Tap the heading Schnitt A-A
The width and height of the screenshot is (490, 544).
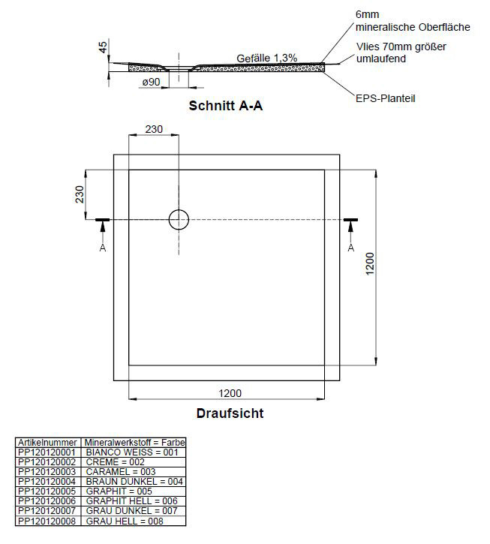coord(226,106)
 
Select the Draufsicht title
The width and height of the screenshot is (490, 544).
coord(230,413)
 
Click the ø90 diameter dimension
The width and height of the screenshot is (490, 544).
coord(152,82)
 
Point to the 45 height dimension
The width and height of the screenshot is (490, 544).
coord(103,47)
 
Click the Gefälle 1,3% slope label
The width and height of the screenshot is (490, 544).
coord(267,58)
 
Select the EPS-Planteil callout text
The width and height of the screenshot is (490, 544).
coord(385,98)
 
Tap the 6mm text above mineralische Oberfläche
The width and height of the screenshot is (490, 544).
coord(367,14)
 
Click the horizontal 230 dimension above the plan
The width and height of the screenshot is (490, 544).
coord(154,129)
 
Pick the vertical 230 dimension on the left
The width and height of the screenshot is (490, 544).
coord(80,194)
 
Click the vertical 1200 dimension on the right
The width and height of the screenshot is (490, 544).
coord(370,263)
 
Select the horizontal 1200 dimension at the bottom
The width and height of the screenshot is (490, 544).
coord(230,393)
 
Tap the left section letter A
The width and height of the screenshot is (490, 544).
coord(103,248)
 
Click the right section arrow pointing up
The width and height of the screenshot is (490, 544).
coord(350,231)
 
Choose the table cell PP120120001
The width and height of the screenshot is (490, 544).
coord(47,452)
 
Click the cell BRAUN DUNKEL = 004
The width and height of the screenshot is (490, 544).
coord(134,481)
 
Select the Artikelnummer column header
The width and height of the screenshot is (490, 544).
coord(47,443)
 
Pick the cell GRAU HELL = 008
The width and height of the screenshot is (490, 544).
coord(125,521)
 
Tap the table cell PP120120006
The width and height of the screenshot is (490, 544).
coord(47,500)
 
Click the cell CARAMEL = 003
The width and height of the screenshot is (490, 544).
coord(121,471)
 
